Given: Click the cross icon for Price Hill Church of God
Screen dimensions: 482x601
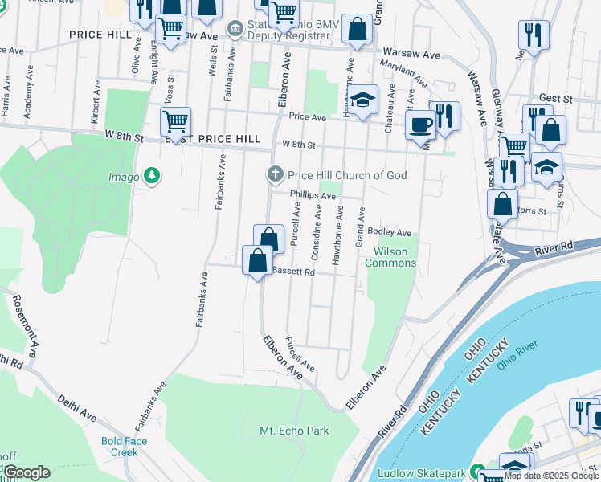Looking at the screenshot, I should [x=275, y=174].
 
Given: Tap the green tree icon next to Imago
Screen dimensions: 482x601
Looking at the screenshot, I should [x=150, y=176].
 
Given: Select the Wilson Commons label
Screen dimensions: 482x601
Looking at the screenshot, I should [x=390, y=257].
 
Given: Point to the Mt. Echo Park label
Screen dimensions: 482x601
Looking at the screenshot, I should [x=294, y=431].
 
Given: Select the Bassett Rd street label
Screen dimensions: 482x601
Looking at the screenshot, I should [x=292, y=272].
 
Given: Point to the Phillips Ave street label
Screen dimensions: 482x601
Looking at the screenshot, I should [x=313, y=195].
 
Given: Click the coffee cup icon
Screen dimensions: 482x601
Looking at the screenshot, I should [x=419, y=125].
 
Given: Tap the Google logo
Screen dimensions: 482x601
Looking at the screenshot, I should [x=27, y=472].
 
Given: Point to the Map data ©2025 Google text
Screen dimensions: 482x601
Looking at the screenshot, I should [x=550, y=476].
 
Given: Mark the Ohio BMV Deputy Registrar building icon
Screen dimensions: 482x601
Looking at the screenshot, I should [x=235, y=30].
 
